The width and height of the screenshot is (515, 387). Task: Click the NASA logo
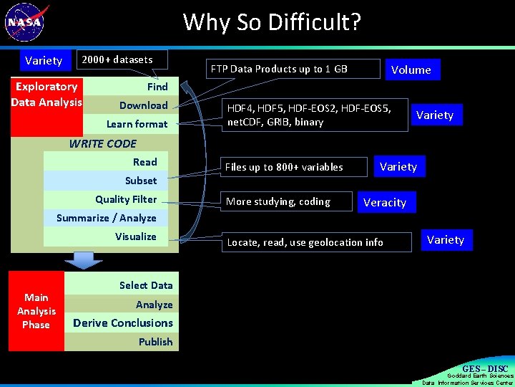[26, 23]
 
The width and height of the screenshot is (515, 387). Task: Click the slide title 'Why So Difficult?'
[272, 22]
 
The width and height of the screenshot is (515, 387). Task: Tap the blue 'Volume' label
[411, 70]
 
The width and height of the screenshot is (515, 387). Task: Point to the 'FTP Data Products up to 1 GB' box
[291, 69]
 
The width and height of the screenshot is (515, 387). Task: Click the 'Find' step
[157, 87]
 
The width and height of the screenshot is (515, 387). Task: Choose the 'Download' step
[143, 105]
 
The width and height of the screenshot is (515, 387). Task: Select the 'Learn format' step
[137, 124]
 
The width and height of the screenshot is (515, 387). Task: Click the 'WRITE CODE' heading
[102, 143]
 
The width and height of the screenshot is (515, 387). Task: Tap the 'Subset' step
[140, 181]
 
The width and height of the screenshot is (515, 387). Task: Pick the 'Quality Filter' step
[126, 199]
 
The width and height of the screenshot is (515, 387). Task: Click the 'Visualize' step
[135, 236]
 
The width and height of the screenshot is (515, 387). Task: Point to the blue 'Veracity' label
[385, 203]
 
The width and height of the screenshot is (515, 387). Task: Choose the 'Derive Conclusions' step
[122, 323]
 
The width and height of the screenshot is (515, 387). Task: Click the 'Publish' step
[155, 342]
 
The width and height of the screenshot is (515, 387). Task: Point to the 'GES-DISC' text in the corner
[484, 369]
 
